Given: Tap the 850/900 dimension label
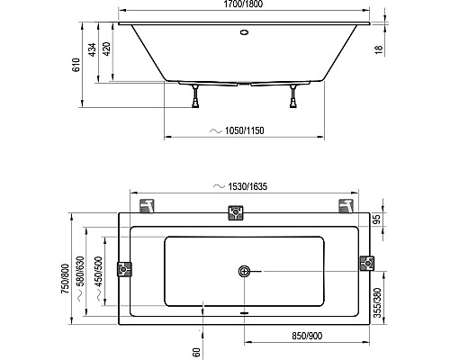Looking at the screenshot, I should click(x=307, y=336).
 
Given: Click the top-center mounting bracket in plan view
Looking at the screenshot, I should click(x=235, y=212).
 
